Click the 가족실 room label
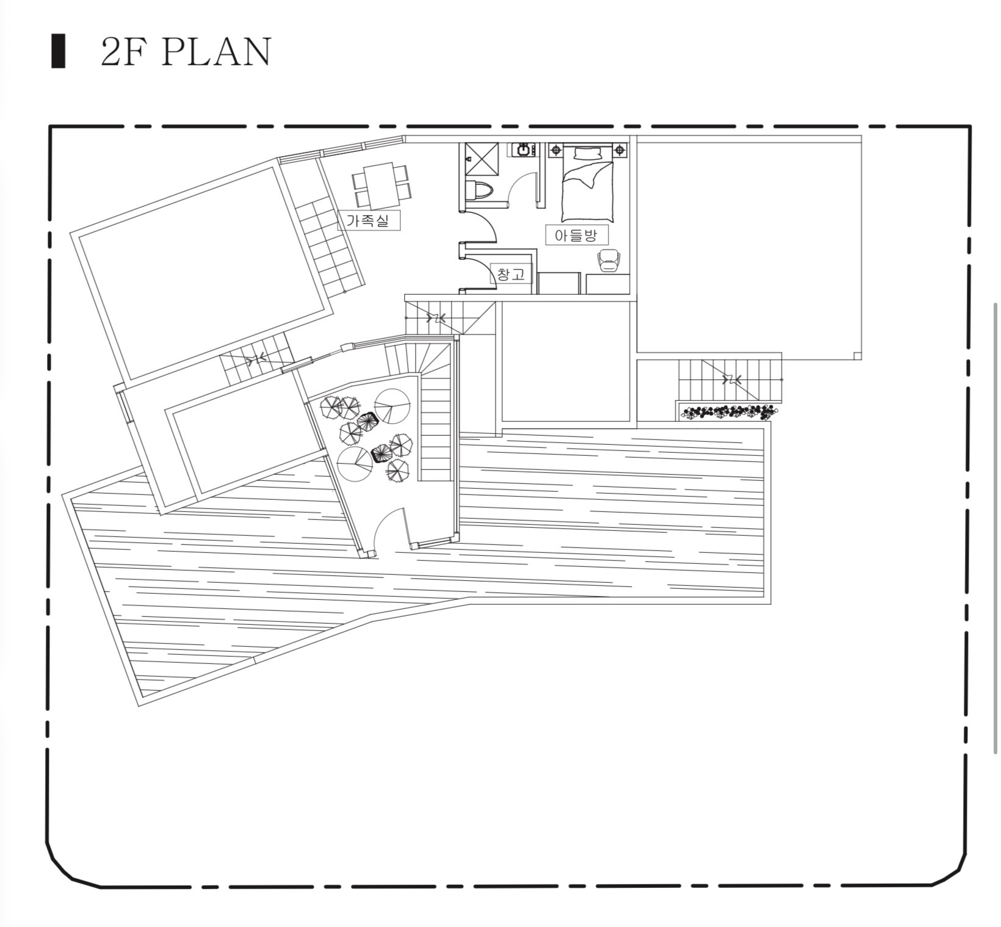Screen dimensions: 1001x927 tap(368, 220)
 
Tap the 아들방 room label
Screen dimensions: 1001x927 tap(576, 235)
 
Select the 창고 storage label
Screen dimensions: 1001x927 tap(511, 275)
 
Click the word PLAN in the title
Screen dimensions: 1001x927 tap(217, 52)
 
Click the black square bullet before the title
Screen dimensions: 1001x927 tap(59, 52)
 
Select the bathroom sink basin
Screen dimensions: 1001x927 tap(524, 150)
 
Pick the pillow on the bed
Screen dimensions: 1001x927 tap(587, 153)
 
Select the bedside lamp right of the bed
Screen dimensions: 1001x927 tap(620, 150)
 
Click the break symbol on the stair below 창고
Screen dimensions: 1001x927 tap(436, 317)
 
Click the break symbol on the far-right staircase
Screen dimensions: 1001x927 tap(731, 380)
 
